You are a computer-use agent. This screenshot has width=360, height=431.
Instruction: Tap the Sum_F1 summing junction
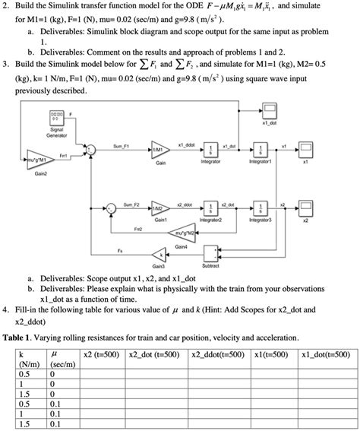91,150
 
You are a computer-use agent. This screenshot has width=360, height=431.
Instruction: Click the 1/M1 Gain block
160,150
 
